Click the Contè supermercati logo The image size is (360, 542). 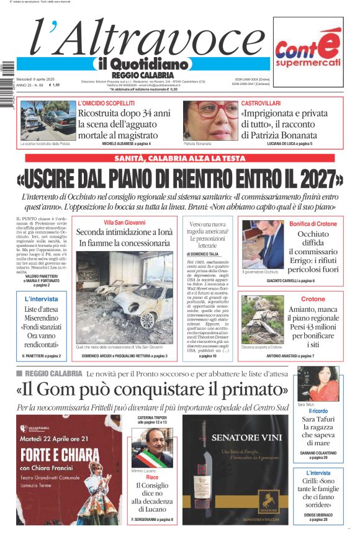pos(308,52)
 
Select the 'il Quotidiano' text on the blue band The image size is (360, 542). pos(142,64)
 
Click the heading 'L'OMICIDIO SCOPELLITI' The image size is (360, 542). pos(106,103)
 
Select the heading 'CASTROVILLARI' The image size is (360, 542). pos(261,103)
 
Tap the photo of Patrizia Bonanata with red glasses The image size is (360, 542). pos(210,120)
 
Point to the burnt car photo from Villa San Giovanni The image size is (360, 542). pos(125,297)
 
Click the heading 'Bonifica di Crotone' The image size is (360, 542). pos(313,223)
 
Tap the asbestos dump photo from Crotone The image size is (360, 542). pos(263,319)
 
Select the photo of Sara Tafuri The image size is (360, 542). pos(318,384)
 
